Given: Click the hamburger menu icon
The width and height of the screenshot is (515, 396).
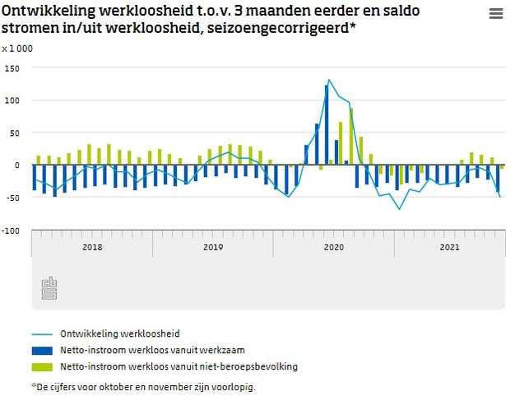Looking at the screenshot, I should pyautogui.click(x=495, y=14).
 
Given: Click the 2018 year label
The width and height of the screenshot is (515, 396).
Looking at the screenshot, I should pyautogui.click(x=92, y=247).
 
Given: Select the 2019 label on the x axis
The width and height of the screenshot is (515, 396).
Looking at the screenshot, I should pyautogui.click(x=213, y=247).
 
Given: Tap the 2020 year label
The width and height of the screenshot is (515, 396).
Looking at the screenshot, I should pyautogui.click(x=333, y=247).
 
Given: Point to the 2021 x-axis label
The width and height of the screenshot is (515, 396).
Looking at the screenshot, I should pyautogui.click(x=449, y=247).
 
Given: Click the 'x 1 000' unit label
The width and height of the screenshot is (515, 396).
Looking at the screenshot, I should pyautogui.click(x=17, y=49).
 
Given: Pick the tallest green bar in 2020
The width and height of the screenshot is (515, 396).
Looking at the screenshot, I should pyautogui.click(x=351, y=136).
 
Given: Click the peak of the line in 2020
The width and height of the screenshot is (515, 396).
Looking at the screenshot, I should pyautogui.click(x=329, y=80).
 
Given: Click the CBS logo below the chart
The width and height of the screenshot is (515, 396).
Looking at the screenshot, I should pyautogui.click(x=49, y=288).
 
